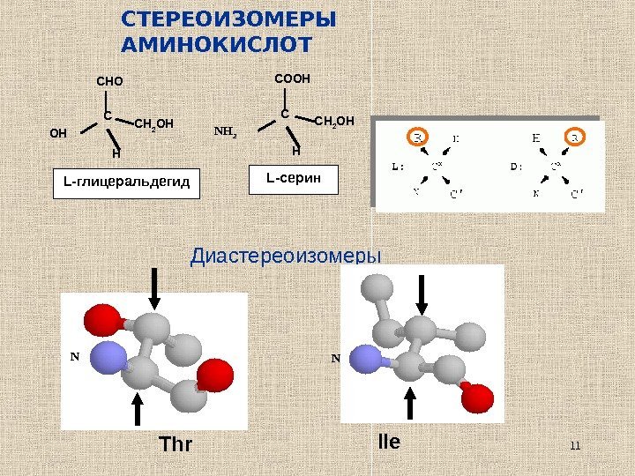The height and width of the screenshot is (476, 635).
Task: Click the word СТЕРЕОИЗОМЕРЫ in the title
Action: click(x=228, y=19)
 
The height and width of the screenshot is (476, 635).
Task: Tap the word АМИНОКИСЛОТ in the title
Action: click(x=217, y=44)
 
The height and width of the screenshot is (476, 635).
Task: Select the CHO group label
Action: click(x=109, y=83)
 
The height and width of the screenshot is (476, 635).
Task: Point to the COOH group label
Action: click(x=292, y=78)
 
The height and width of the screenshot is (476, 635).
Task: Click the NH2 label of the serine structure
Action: click(x=228, y=134)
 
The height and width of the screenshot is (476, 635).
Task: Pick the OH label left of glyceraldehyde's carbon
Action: click(x=58, y=135)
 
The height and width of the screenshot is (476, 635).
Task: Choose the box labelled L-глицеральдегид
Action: click(x=127, y=182)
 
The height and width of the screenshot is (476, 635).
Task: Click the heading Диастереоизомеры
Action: click(x=287, y=257)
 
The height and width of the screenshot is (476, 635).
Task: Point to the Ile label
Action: click(x=388, y=440)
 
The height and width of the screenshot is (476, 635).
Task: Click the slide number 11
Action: click(x=576, y=444)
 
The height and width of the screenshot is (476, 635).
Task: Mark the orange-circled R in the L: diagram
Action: click(x=417, y=138)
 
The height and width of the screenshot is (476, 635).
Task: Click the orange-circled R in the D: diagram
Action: click(x=575, y=138)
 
